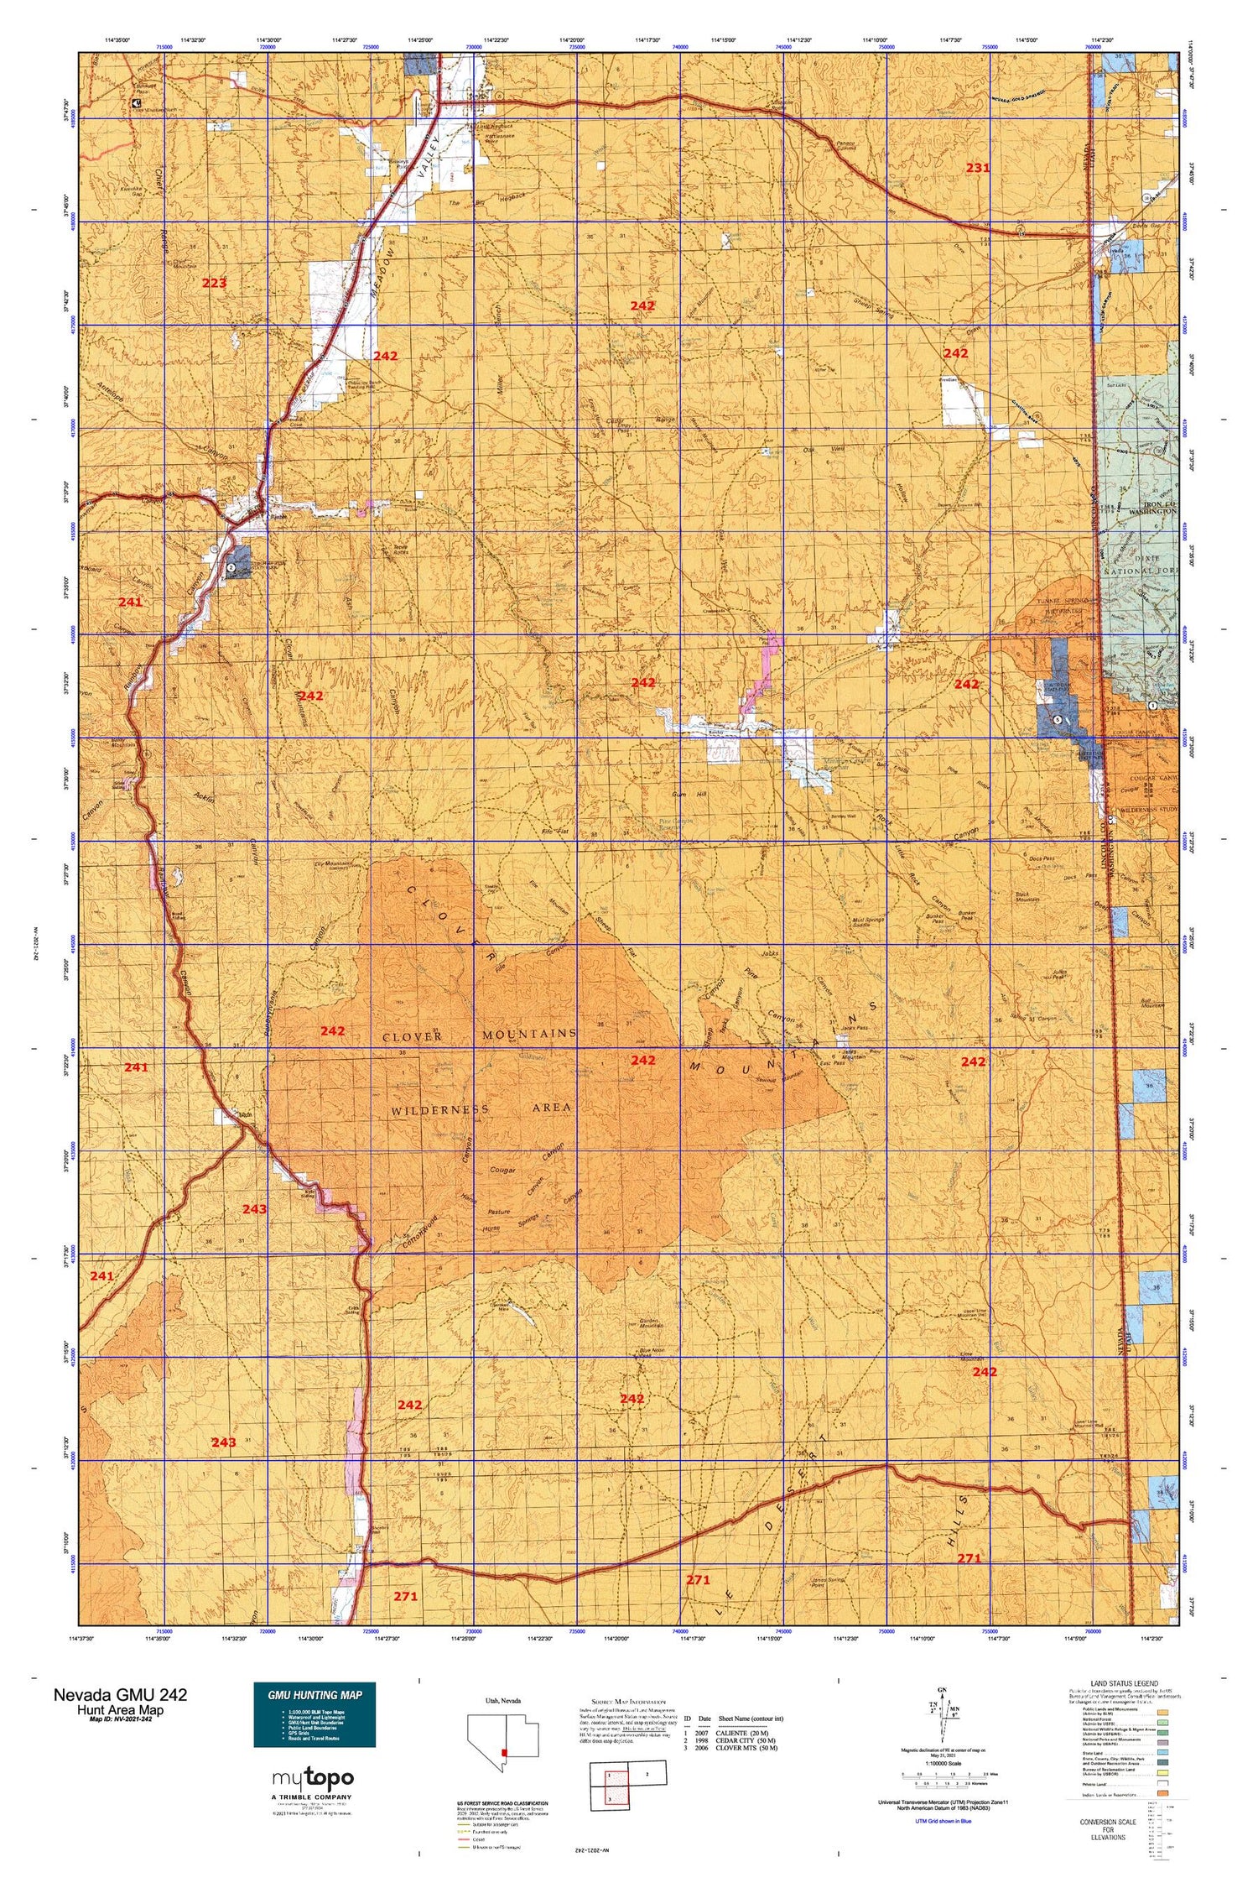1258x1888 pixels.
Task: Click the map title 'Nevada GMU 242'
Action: click(x=120, y=1694)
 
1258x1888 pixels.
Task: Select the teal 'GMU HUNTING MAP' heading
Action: click(x=314, y=1694)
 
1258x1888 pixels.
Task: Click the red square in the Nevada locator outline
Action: click(x=504, y=1752)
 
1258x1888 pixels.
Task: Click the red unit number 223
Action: click(x=214, y=283)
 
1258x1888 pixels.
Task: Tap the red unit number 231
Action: click(x=977, y=167)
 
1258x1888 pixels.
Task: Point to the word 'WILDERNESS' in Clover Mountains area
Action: click(x=439, y=1109)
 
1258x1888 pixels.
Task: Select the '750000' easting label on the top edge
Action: click(x=886, y=48)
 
